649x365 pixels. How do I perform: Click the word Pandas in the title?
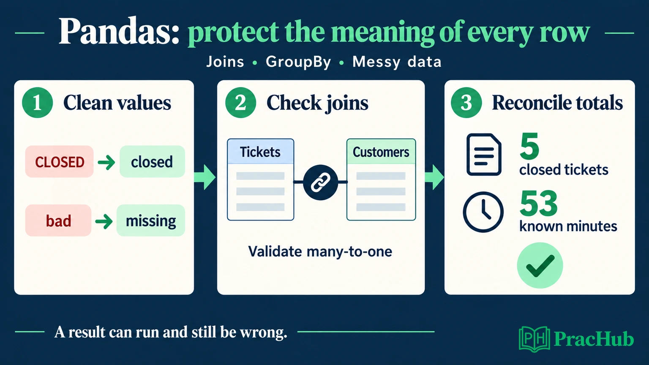(119, 31)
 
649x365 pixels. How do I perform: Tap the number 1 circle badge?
(37, 103)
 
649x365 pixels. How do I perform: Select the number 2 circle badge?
(240, 103)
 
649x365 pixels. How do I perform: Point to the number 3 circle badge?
(466, 103)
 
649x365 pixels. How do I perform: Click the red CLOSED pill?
(60, 162)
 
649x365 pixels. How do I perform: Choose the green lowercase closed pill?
(152, 162)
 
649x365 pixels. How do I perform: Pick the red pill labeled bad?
(58, 221)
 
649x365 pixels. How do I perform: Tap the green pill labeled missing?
(151, 221)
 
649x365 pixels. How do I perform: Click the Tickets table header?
(260, 152)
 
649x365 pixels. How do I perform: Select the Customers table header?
(381, 152)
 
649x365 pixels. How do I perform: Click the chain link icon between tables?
(320, 182)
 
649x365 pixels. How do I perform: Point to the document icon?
(484, 155)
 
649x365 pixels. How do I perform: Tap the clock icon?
(483, 212)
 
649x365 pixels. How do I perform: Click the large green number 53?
(539, 204)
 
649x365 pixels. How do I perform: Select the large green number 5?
(529, 146)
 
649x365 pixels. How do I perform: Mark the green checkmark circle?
(540, 265)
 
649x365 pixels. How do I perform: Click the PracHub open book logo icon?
(534, 339)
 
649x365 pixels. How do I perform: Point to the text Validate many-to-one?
(320, 251)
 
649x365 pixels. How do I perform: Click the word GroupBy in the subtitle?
(298, 62)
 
